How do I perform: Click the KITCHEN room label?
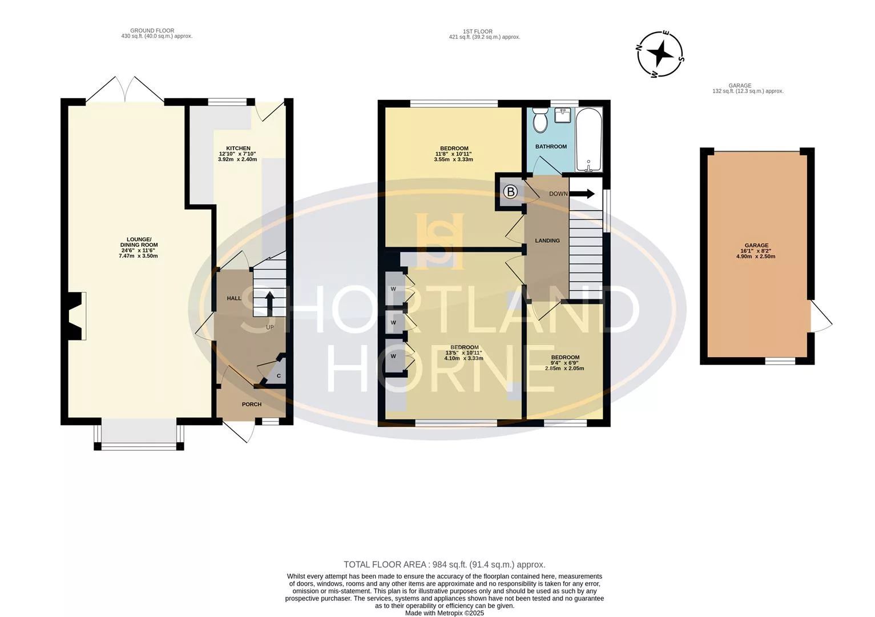point(238,148)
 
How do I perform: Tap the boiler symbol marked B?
point(510,192)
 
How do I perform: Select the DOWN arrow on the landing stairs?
point(582,194)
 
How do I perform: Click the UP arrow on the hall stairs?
point(270,301)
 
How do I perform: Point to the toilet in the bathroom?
point(540,119)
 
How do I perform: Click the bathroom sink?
point(563,115)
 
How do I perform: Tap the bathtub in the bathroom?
point(588,139)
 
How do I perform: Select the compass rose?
point(660,54)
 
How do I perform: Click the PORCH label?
point(252,404)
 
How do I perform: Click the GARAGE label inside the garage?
point(756,246)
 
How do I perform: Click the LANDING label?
point(547,241)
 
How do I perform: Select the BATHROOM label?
point(551,147)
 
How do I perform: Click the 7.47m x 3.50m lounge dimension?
point(138,256)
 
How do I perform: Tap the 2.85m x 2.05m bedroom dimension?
point(564,368)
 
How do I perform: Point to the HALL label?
point(234,298)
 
